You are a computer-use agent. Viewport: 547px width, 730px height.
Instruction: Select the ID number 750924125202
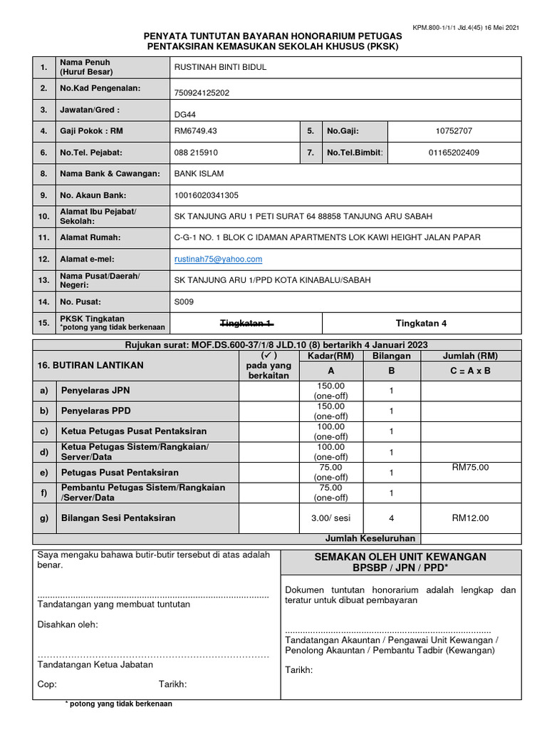[x=202, y=93]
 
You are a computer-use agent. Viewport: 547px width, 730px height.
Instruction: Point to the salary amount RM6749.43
[x=196, y=131]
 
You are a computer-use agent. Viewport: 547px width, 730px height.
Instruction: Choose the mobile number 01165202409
[x=454, y=153]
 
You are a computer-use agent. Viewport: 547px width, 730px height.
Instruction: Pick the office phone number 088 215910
[x=196, y=153]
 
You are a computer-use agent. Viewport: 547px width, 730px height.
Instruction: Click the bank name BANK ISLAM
[x=199, y=173]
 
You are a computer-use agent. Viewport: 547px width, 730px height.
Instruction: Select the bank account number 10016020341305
[x=207, y=195]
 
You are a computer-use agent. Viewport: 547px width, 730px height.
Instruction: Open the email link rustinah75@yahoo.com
[x=218, y=259]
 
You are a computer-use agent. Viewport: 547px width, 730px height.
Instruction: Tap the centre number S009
[x=184, y=302]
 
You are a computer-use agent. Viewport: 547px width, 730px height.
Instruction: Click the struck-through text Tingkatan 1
[x=246, y=323]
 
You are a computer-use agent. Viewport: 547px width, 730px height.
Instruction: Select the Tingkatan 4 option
[x=421, y=323]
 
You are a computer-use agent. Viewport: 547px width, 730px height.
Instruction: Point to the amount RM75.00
[x=470, y=468]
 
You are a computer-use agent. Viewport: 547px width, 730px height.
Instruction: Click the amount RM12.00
[x=470, y=518]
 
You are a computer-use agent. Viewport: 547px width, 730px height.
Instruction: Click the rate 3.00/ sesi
[x=330, y=518]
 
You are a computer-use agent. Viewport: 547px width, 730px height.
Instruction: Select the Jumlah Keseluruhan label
[x=370, y=538]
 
